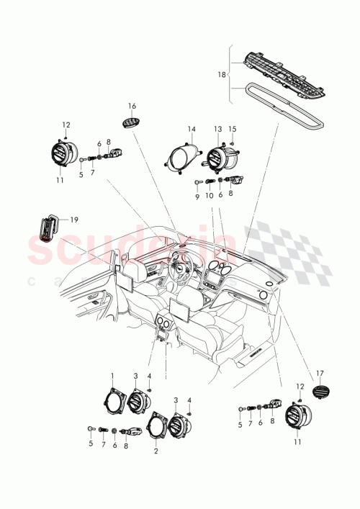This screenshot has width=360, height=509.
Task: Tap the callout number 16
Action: coord(132,105)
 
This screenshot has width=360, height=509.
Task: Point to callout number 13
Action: coord(217,129)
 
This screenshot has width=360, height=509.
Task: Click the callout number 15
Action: coord(232,129)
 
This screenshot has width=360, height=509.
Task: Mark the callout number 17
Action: coord(321,373)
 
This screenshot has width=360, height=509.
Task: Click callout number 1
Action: coord(112,375)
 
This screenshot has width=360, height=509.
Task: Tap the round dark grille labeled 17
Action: coord(320,394)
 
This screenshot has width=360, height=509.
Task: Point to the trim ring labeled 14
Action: coord(182,158)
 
